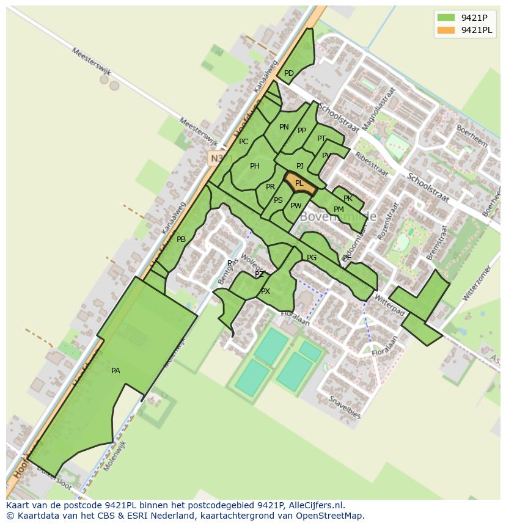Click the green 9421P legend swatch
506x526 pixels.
(x=446, y=18)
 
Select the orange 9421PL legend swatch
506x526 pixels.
(x=446, y=30)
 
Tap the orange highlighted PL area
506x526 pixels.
(x=299, y=183)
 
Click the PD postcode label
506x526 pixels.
(x=289, y=73)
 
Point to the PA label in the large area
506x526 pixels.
(x=116, y=371)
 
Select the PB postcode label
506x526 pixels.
(x=181, y=239)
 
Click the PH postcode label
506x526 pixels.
(x=255, y=166)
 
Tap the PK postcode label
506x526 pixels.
(x=348, y=199)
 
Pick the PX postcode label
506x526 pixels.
(x=265, y=291)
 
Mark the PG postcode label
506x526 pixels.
(x=312, y=258)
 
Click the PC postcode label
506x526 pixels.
(x=244, y=142)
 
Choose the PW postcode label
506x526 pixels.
(x=296, y=206)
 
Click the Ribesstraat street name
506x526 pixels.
(x=372, y=163)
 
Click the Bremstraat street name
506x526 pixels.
(x=436, y=243)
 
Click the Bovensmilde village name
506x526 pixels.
(x=337, y=217)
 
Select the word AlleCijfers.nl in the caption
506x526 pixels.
(x=314, y=505)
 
